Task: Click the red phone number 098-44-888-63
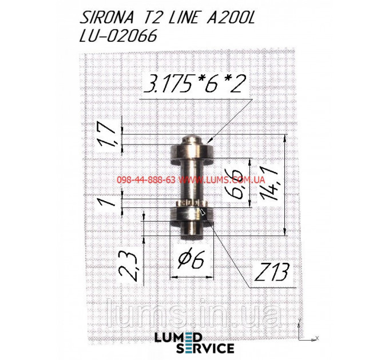click(146, 179)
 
